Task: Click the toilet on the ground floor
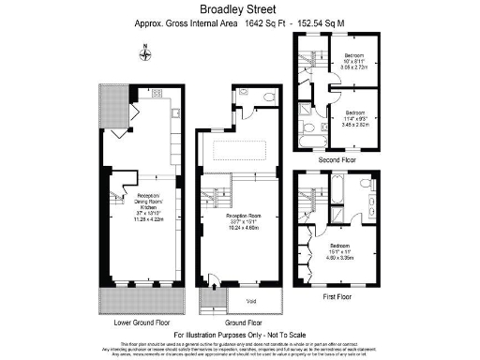point(269,96)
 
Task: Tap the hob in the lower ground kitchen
point(157,93)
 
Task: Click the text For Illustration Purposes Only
point(240,334)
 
